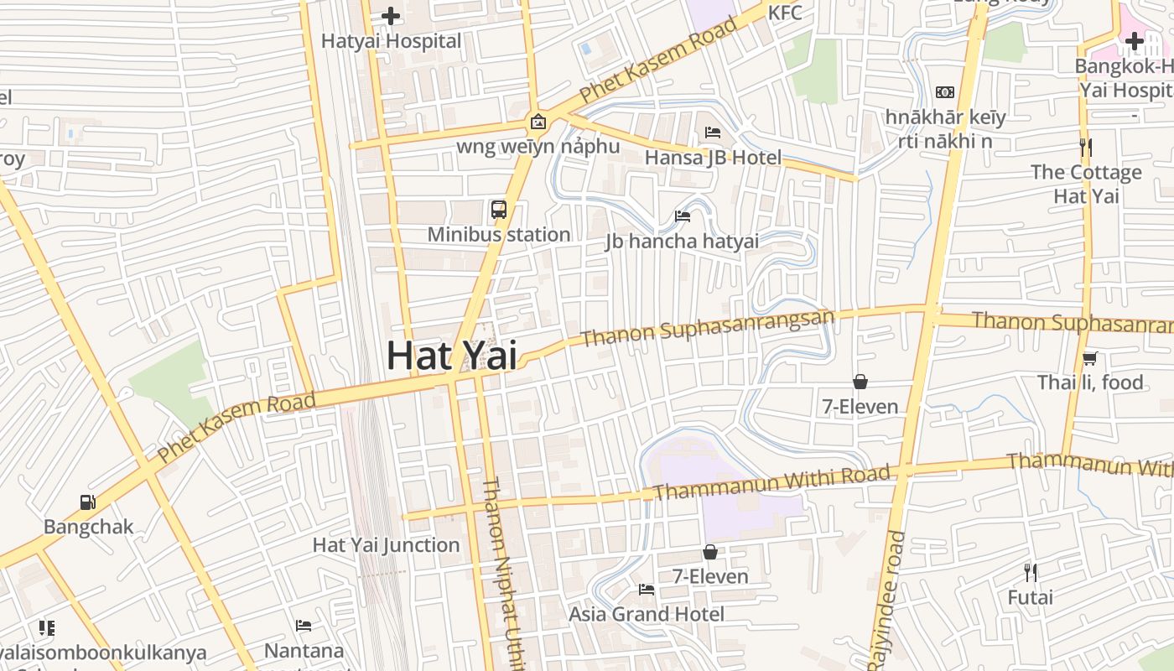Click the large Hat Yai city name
pos(451,355)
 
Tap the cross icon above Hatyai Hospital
pos(391,16)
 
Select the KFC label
pos(785,13)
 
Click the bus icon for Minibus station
pos(499,209)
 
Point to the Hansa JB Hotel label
pos(713,157)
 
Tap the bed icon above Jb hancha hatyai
pos(683,216)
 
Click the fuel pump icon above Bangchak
pos(88,502)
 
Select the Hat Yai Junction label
pos(386,544)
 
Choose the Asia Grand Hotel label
pos(647,614)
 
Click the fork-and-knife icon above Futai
pos(1031,573)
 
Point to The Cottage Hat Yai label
pos(1086,184)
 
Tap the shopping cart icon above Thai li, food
pos(1089,358)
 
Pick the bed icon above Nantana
pos(304,626)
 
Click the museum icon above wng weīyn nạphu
pos(538,122)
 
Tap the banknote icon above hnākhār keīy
pos(945,92)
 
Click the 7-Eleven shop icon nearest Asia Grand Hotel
pos(710,552)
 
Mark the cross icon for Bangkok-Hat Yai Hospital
pos(1135,40)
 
